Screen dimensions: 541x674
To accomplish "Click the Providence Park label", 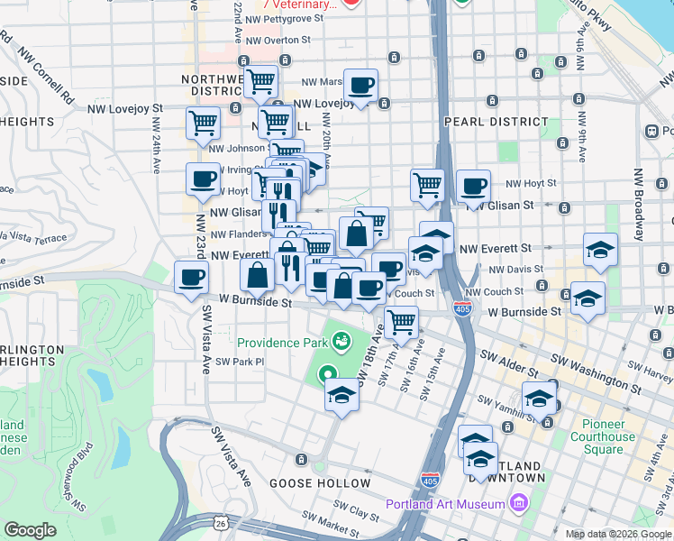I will (x=281, y=343).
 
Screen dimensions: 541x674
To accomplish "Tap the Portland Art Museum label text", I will (x=445, y=504).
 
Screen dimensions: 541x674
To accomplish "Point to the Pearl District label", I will (x=496, y=121).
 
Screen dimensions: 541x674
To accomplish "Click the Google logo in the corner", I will (x=30, y=530).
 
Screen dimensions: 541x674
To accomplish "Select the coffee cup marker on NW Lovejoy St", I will (x=360, y=86).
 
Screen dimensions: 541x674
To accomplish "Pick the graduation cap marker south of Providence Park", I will (x=342, y=395).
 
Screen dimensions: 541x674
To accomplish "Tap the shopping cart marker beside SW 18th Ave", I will (x=401, y=320).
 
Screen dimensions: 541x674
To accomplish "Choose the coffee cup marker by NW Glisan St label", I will (x=473, y=187).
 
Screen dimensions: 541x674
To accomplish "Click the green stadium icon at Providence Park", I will (x=341, y=341).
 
